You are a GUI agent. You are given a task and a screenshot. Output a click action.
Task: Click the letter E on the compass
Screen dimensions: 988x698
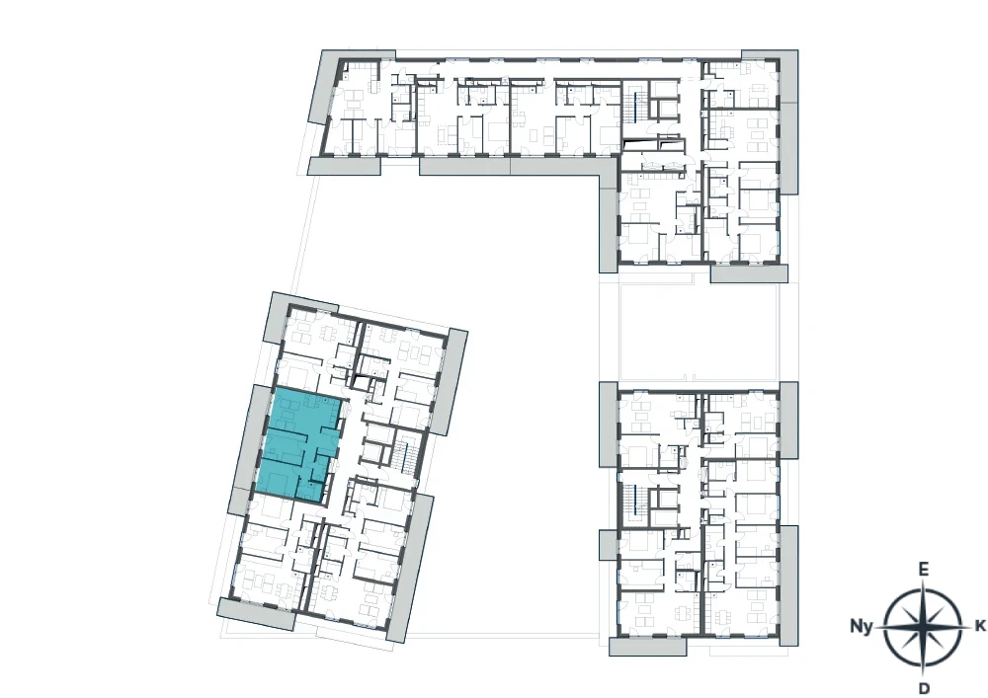tap(923, 570)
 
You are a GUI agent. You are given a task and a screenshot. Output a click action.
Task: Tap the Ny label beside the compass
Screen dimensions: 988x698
tap(862, 626)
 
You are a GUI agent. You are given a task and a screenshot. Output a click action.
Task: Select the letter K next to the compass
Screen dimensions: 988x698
tap(980, 626)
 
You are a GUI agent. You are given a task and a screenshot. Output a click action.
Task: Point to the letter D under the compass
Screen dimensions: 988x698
tap(924, 687)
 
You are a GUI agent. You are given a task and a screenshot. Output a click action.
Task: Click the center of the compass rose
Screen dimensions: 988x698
tap(923, 627)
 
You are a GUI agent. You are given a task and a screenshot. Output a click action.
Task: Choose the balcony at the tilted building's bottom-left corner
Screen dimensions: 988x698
tap(256, 613)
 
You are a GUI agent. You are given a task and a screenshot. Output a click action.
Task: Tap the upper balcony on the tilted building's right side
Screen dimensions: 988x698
tap(451, 382)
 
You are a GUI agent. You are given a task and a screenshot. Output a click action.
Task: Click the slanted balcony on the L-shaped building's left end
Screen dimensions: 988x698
tap(323, 86)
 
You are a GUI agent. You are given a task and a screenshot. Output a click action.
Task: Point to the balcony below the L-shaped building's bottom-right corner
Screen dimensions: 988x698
tap(749, 273)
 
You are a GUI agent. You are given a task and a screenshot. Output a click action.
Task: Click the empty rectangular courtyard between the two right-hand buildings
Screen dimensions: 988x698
tap(699, 332)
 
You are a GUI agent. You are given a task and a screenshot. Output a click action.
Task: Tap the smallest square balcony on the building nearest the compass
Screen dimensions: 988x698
tap(609, 545)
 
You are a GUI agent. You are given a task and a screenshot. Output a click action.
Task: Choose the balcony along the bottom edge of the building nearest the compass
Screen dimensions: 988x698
tap(647, 647)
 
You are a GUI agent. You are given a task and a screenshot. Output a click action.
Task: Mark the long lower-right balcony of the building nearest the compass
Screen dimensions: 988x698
tap(788, 586)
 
